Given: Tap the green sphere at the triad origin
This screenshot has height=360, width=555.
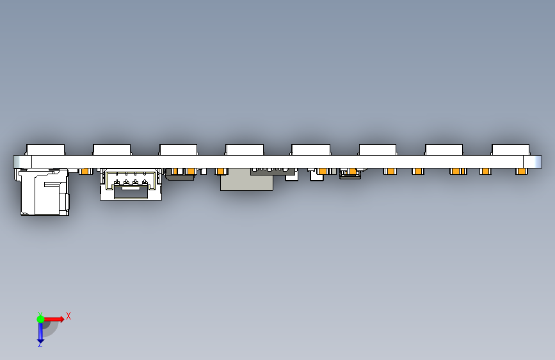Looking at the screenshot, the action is click(40, 318).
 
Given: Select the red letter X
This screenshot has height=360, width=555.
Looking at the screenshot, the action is click(68, 316).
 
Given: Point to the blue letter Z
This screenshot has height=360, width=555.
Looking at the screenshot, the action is click(40, 345).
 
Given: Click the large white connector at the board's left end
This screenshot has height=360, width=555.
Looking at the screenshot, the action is click(44, 192).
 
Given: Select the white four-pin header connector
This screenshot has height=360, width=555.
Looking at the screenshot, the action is click(131, 184).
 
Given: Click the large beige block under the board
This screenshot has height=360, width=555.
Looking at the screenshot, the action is click(246, 181).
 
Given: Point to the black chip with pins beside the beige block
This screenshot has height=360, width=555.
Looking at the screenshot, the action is click(273, 172).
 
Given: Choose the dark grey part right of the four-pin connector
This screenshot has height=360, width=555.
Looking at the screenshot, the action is click(181, 175).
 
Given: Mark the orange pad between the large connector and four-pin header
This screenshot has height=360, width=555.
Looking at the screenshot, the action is click(84, 172).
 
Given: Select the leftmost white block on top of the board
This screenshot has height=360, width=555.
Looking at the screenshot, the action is click(45, 150).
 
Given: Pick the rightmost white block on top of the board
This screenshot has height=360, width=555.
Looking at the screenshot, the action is click(510, 150).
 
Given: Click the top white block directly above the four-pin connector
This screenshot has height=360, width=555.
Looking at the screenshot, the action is click(112, 150).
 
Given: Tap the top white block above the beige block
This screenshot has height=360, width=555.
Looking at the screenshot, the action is click(245, 150).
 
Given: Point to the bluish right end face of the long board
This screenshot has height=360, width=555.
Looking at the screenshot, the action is click(536, 161).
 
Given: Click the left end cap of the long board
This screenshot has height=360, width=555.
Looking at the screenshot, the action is click(20, 161).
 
